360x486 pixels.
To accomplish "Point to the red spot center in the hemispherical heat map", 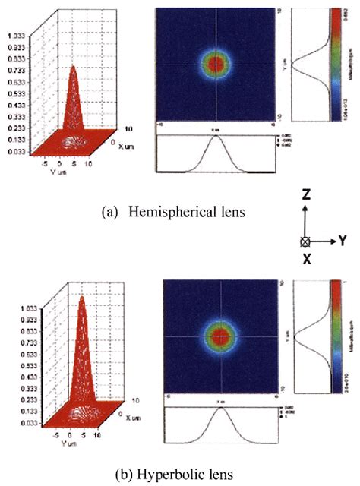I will (216, 63).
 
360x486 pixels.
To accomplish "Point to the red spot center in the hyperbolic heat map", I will (221, 335).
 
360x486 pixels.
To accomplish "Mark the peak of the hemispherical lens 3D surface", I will (73, 68).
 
